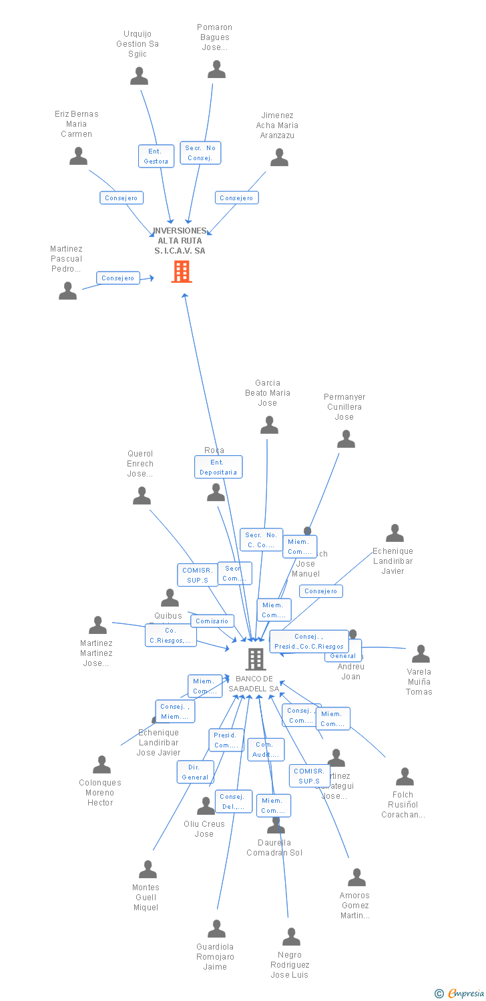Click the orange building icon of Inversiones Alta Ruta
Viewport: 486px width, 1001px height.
pyautogui.click(x=181, y=272)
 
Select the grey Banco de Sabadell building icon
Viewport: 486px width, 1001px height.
pyautogui.click(x=255, y=659)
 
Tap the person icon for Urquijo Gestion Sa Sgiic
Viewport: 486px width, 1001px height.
pyautogui.click(x=139, y=76)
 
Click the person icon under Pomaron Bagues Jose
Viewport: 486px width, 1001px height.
pyautogui.click(x=216, y=69)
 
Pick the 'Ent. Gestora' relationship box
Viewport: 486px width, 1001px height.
pyautogui.click(x=156, y=156)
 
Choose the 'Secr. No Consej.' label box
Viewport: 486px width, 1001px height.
pyautogui.click(x=200, y=153)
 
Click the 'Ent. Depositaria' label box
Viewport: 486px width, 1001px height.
pyautogui.click(x=218, y=467)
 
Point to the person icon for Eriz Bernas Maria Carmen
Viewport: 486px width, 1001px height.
pyautogui.click(x=78, y=156)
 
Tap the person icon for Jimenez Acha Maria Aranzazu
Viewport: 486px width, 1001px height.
pyautogui.click(x=279, y=157)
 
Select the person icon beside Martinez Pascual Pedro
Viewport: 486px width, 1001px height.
pyautogui.click(x=67, y=291)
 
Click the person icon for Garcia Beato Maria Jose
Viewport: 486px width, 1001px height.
pyautogui.click(x=269, y=425)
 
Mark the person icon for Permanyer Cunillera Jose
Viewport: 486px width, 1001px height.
pyautogui.click(x=346, y=439)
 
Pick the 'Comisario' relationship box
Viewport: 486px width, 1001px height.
pyautogui.click(x=212, y=621)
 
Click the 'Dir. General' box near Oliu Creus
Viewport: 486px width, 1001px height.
pyautogui.click(x=195, y=772)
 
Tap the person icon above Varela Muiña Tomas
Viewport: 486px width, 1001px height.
pyautogui.click(x=421, y=654)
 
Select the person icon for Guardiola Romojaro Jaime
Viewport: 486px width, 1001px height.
pyautogui.click(x=216, y=929)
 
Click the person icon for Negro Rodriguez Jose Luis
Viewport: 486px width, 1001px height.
pyautogui.click(x=291, y=937)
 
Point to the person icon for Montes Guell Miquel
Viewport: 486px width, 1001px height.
pyautogui.click(x=148, y=870)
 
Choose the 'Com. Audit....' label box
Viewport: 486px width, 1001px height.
pyautogui.click(x=266, y=749)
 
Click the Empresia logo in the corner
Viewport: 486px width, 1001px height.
pyautogui.click(x=461, y=994)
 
